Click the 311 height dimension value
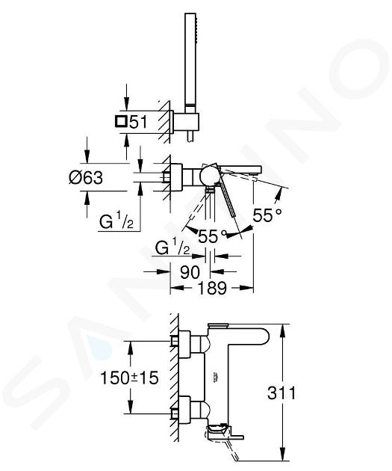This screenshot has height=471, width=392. click(281, 392)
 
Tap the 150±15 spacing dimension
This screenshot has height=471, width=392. click(129, 378)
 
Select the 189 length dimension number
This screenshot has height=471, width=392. click(212, 288)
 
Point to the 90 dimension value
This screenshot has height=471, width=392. click(190, 272)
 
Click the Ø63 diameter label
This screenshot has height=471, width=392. click(86, 177)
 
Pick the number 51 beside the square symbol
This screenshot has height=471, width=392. click(138, 122)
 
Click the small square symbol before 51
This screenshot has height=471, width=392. click(121, 122)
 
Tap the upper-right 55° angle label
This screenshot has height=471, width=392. click(267, 215)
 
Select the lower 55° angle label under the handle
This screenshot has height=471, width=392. click(212, 236)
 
